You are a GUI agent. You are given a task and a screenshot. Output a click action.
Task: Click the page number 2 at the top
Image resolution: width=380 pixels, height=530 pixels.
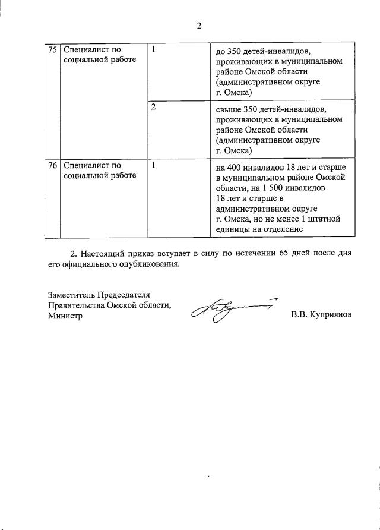pos(199,26)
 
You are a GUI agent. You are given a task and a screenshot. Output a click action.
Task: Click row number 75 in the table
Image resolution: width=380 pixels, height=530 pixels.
pos(52,50)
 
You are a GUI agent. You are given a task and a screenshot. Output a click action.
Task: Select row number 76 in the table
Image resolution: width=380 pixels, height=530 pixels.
pos(52,166)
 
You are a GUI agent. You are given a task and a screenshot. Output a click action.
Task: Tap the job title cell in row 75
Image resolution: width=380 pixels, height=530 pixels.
pos(100,55)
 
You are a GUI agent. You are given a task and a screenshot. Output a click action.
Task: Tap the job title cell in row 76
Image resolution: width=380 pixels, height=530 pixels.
pos(100,171)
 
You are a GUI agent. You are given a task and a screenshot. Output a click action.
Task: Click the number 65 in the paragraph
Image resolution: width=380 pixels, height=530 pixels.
pos(284,253)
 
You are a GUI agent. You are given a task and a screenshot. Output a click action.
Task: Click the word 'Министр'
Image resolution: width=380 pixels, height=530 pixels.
pos(66,316)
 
